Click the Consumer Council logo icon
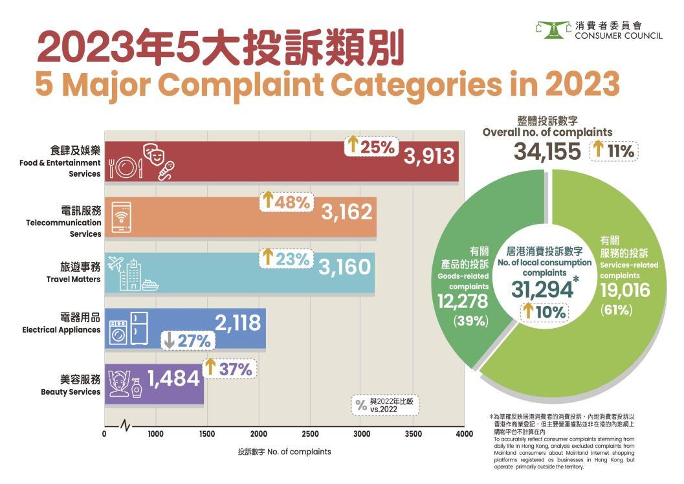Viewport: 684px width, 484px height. point(553,29)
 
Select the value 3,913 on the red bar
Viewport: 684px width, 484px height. point(430,156)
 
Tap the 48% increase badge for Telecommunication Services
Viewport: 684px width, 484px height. point(286,201)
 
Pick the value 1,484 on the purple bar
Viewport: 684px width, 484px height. point(173,379)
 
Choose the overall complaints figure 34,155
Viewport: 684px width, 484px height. point(548,151)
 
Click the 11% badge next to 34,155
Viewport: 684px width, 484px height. point(613,151)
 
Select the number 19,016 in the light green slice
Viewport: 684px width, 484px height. point(624,291)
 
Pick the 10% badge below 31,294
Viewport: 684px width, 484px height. point(544,312)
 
